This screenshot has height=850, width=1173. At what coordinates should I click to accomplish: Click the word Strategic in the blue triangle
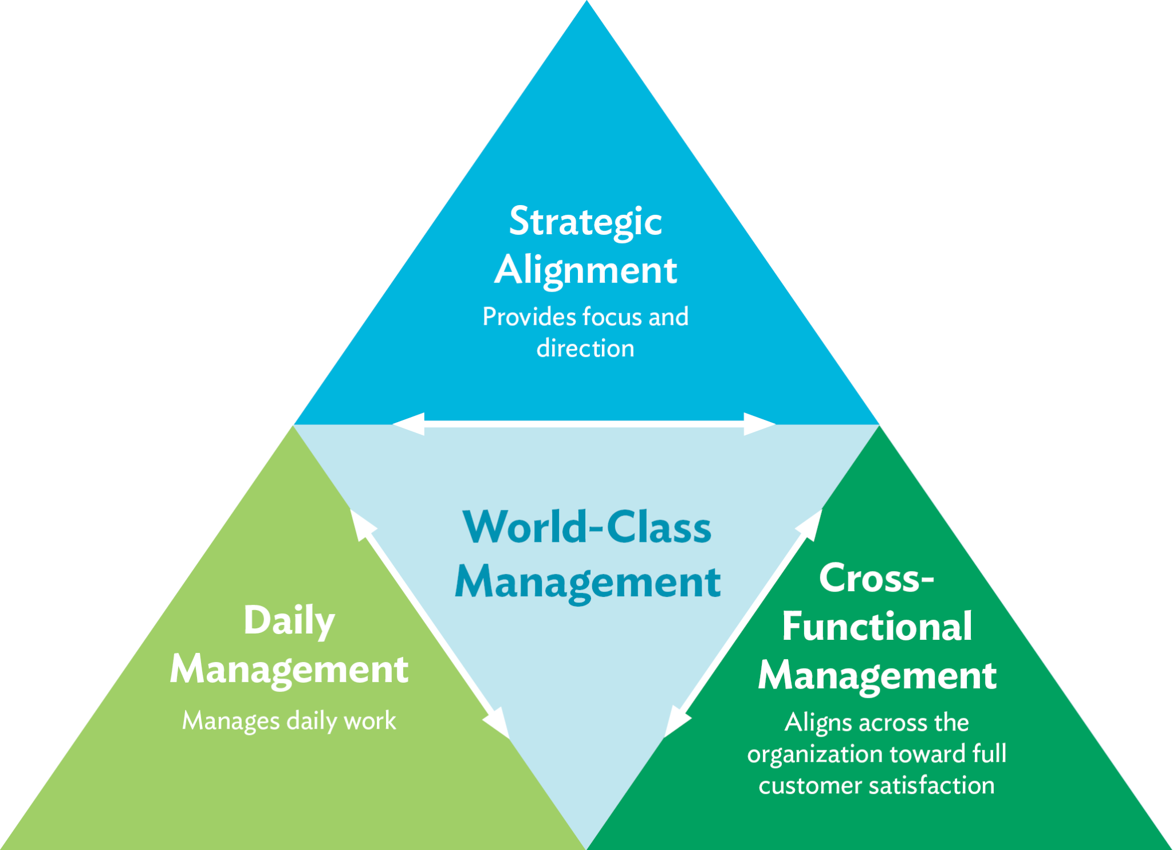(x=585, y=222)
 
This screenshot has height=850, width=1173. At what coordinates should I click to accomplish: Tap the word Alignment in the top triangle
(x=585, y=270)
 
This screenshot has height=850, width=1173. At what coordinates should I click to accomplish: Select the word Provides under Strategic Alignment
(x=529, y=317)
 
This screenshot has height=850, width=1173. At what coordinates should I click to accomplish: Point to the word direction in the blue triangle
(x=585, y=348)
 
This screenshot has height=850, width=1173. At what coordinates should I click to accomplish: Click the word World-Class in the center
(x=587, y=527)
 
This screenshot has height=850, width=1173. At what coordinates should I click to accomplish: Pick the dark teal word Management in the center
(x=588, y=583)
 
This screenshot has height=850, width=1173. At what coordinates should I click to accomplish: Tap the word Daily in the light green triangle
(x=289, y=621)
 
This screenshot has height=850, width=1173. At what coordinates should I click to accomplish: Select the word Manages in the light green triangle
(x=231, y=721)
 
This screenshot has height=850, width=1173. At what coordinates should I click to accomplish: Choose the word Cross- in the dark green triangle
(x=876, y=579)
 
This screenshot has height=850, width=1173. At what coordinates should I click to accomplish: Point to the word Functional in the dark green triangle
(x=877, y=627)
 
